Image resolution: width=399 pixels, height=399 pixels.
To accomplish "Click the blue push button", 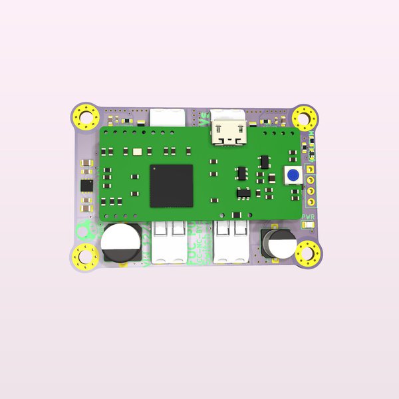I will [291, 176].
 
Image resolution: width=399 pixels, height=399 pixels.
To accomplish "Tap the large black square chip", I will [172, 185].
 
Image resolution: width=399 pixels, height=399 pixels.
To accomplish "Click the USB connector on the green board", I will [227, 131].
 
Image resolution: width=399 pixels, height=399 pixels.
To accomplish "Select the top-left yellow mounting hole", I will [86, 118].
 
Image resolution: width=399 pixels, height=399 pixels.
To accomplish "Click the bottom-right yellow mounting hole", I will [308, 253].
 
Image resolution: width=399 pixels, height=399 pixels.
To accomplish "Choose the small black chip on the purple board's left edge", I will [86, 186].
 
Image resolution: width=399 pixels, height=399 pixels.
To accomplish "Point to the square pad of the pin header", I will [310, 169].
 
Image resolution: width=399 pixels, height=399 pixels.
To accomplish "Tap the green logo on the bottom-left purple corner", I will [84, 232].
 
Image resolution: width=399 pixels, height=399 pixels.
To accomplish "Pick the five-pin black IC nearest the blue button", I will [265, 162].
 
